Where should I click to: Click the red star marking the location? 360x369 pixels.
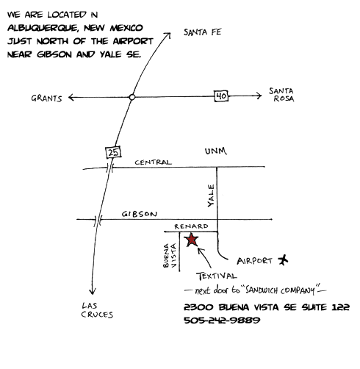pos(192,240)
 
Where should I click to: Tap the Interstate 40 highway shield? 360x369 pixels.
pos(221,96)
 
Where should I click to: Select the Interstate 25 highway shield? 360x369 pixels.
pos(113,152)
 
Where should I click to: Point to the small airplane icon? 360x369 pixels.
pos(283,260)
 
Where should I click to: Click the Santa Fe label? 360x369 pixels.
pos(203,32)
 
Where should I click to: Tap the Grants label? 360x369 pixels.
pos(46,98)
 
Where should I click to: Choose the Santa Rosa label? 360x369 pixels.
pos(281,95)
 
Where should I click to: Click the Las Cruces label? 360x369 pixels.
pos(97,310)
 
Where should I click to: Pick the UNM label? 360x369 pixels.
pos(216,151)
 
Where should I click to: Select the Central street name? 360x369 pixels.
pos(153,162)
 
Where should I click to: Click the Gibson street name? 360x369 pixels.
pos(140,214)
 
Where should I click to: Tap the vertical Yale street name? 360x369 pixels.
pos(211,196)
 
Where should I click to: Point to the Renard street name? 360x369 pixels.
pos(191,226)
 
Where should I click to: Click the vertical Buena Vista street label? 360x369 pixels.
pos(170,255)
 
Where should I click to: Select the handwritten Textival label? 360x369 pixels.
pos(217,276)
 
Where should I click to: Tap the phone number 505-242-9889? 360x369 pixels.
pos(222,320)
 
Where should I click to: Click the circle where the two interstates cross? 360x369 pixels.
pos(132,97)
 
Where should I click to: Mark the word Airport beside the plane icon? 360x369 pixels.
pos(254,261)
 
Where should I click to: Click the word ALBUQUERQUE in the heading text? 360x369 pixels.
pos(43,28)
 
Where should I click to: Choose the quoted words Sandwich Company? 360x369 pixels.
pos(280,290)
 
